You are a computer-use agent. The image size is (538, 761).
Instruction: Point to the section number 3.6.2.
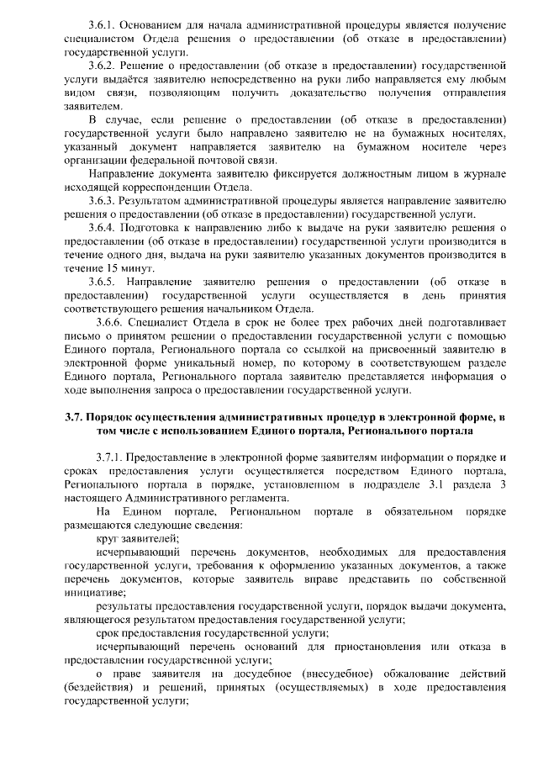pyautogui.click(x=103, y=65)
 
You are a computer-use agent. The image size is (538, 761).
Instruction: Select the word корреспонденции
pyautogui.click(x=175, y=187)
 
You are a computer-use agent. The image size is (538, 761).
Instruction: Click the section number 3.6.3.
pyautogui.click(x=103, y=201)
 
